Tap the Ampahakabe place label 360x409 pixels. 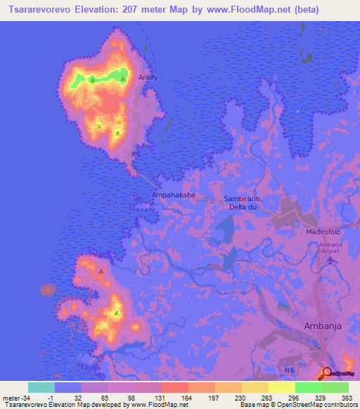click(173, 195)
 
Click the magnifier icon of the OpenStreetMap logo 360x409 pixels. click(327, 373)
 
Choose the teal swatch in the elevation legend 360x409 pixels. click(41, 387)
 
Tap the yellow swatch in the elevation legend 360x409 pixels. click(282, 387)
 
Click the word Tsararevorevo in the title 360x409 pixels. click(42, 10)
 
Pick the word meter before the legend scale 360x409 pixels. click(10, 398)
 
